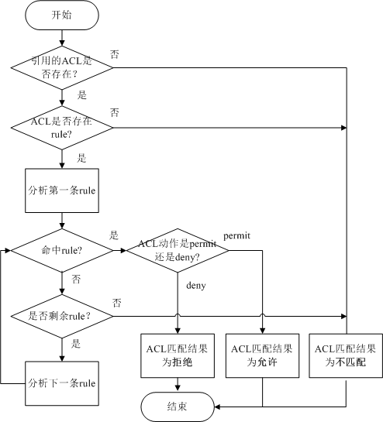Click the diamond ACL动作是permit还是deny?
coord(178,250)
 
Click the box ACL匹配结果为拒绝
coord(178,355)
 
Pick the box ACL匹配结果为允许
coord(263,355)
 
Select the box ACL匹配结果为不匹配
coord(345,355)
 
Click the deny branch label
coord(195,285)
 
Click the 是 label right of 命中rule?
coord(114,235)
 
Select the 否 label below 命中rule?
coord(76,277)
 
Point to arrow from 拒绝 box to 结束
coord(178,383)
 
